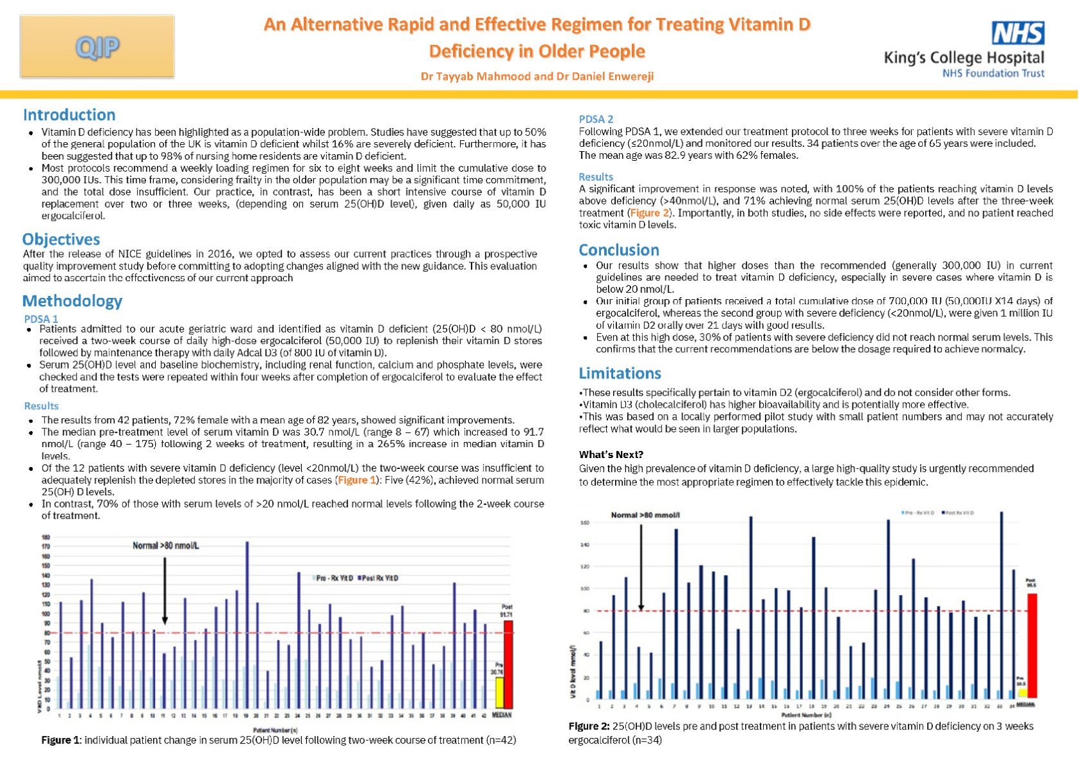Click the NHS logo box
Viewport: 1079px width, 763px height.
tap(1018, 33)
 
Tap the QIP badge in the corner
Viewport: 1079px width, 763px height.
tap(97, 47)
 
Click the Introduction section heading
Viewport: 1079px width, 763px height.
tap(69, 115)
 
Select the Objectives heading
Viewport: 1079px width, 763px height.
tap(61, 239)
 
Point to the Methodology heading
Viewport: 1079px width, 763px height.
tap(72, 301)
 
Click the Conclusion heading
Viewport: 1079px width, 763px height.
tap(619, 250)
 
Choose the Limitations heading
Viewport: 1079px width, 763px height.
tap(620, 374)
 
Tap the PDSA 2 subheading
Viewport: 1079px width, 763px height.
tap(596, 119)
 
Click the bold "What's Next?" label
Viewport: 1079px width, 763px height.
tap(611, 455)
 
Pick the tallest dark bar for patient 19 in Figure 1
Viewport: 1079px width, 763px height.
tap(247, 625)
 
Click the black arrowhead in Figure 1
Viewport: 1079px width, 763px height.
tap(165, 621)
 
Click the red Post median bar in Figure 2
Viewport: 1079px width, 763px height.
tap(1032, 645)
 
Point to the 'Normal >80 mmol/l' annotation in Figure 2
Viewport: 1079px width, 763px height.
tap(645, 515)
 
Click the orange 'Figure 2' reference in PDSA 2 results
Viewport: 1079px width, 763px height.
tap(649, 213)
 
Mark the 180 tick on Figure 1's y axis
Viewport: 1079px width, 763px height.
tap(46, 537)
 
